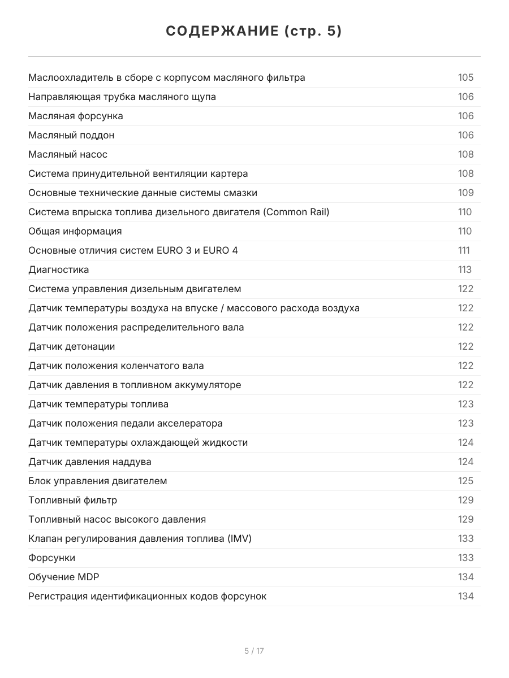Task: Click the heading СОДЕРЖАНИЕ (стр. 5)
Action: tap(254, 32)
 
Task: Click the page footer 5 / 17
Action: tap(254, 651)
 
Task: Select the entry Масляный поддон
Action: tap(71, 135)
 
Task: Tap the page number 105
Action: tap(465, 77)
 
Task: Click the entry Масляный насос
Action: tap(68, 154)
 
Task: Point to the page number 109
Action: tap(465, 193)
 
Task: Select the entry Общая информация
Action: tap(75, 231)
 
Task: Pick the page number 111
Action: tap(464, 250)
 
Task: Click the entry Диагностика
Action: tap(59, 270)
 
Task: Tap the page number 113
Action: tap(464, 270)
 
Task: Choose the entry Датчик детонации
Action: tap(72, 346)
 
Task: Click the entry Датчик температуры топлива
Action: tap(98, 404)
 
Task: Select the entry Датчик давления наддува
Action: tap(90, 462)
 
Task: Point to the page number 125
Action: tap(465, 481)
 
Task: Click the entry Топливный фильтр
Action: tap(73, 500)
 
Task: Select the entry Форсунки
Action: tap(52, 558)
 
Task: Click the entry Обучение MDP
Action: tap(64, 577)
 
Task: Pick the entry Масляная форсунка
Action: tap(76, 116)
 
